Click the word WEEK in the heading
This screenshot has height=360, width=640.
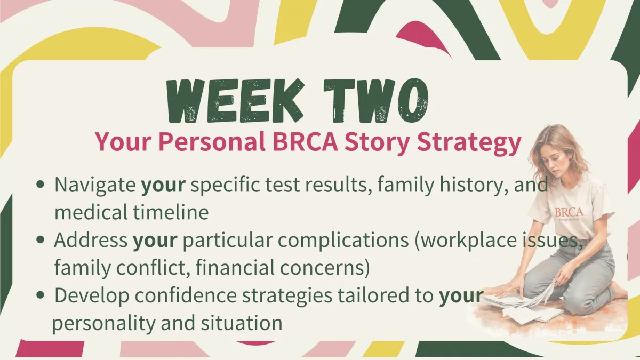click(x=235, y=101)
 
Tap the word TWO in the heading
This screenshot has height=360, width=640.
click(x=376, y=101)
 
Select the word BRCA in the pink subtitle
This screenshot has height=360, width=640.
click(x=305, y=142)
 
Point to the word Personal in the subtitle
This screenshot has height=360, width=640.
click(x=211, y=142)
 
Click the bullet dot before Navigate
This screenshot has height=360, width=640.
click(x=41, y=185)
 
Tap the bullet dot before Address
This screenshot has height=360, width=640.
click(x=41, y=239)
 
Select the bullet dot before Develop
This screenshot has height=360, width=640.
click(x=41, y=295)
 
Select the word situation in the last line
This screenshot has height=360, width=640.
click(x=241, y=323)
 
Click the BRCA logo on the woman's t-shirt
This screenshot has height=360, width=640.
click(x=569, y=213)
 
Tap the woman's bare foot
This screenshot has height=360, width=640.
click(x=619, y=291)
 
